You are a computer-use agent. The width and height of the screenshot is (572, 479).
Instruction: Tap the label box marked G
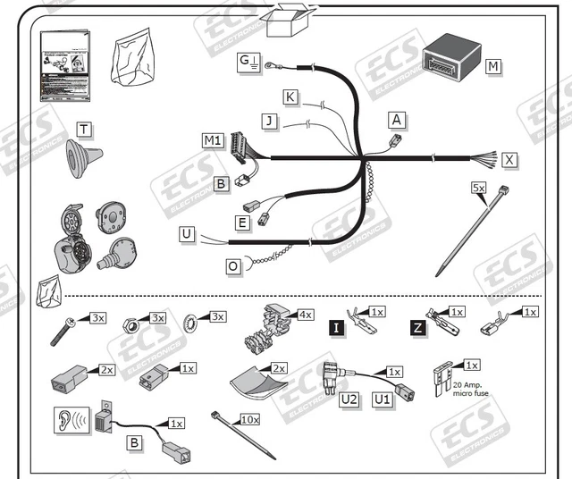pyautogui.click(x=245, y=61)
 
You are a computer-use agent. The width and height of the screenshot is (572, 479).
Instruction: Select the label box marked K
pyautogui.click(x=290, y=97)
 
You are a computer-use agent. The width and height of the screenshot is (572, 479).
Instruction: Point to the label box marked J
pyautogui.click(x=267, y=120)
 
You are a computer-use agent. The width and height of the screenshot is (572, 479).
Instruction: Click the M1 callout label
pyautogui.click(x=212, y=140)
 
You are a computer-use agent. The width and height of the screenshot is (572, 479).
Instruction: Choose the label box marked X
pyautogui.click(x=509, y=159)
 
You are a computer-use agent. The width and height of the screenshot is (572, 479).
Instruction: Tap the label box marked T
pyautogui.click(x=83, y=130)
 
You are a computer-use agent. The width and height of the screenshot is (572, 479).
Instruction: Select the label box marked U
pyautogui.click(x=186, y=234)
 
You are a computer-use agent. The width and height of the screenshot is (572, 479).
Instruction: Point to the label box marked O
pyautogui.click(x=232, y=265)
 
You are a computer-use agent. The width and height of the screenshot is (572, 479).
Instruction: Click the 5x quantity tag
pyautogui.click(x=479, y=188)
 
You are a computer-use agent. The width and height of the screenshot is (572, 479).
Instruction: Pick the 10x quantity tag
pyautogui.click(x=250, y=418)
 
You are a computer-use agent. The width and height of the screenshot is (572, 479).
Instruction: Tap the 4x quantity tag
pyautogui.click(x=306, y=315)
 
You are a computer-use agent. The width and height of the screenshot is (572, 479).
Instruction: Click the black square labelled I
pyautogui.click(x=336, y=329)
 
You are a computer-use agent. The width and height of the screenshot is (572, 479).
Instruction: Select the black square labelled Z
pyautogui.click(x=417, y=329)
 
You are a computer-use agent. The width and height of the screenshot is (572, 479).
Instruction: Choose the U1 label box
pyautogui.click(x=383, y=399)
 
